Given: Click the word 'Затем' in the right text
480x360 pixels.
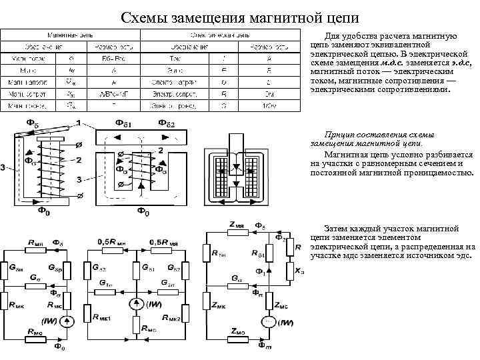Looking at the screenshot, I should (x=336, y=229).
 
